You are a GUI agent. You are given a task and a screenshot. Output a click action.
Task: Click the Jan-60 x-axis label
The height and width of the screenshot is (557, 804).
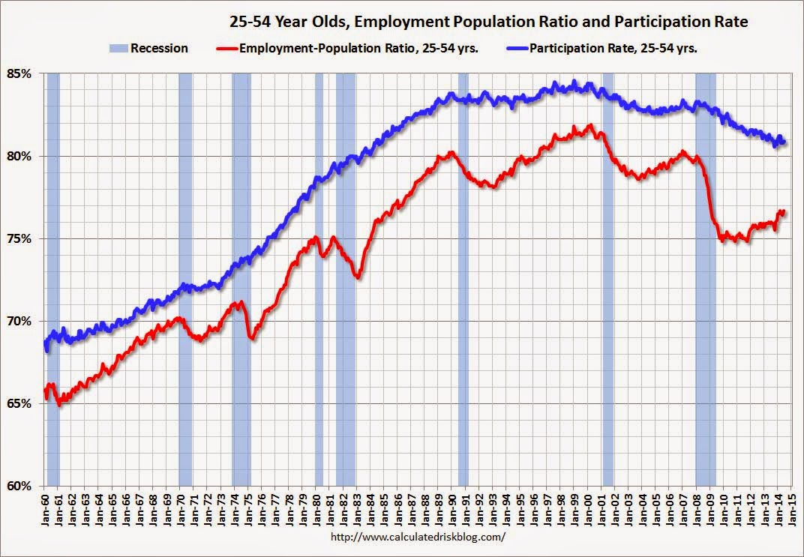click(x=44, y=507)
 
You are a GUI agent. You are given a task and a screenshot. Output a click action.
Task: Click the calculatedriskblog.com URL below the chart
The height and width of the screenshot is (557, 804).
click(x=418, y=538)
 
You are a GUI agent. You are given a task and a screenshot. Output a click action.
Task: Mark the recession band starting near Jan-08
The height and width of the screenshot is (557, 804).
click(x=705, y=277)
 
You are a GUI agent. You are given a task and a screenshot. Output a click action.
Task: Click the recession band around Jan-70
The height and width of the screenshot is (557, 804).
click(x=185, y=277)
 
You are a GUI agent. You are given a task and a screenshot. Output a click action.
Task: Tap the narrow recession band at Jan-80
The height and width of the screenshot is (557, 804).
click(x=319, y=277)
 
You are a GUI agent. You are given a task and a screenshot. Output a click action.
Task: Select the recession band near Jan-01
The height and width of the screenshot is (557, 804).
click(x=607, y=277)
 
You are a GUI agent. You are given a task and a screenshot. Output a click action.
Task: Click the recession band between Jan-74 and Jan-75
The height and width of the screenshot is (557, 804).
click(x=241, y=277)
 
